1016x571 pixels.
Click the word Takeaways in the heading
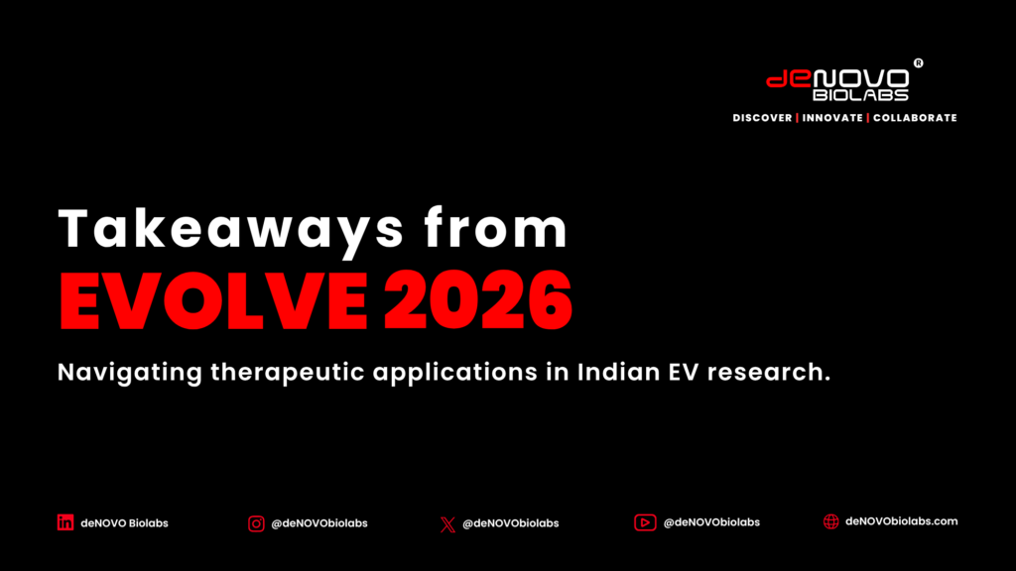(x=231, y=230)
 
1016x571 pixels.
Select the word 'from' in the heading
(x=496, y=227)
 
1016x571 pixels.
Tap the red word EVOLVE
(x=214, y=301)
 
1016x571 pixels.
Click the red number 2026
(x=478, y=301)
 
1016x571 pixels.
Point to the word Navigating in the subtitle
(x=130, y=374)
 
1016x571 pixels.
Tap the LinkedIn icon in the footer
(x=65, y=522)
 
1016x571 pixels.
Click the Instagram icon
(x=256, y=523)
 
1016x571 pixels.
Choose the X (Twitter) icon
(x=447, y=524)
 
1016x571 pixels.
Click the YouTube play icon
(x=645, y=522)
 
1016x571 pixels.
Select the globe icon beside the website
(x=830, y=521)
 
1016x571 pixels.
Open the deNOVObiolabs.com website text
(x=901, y=521)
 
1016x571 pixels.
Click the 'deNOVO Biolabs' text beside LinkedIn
(x=124, y=523)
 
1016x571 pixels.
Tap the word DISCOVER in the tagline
(x=762, y=118)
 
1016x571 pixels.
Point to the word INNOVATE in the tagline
(x=832, y=118)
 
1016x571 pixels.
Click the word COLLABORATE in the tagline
(x=915, y=118)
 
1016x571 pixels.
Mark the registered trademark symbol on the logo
(x=918, y=62)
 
